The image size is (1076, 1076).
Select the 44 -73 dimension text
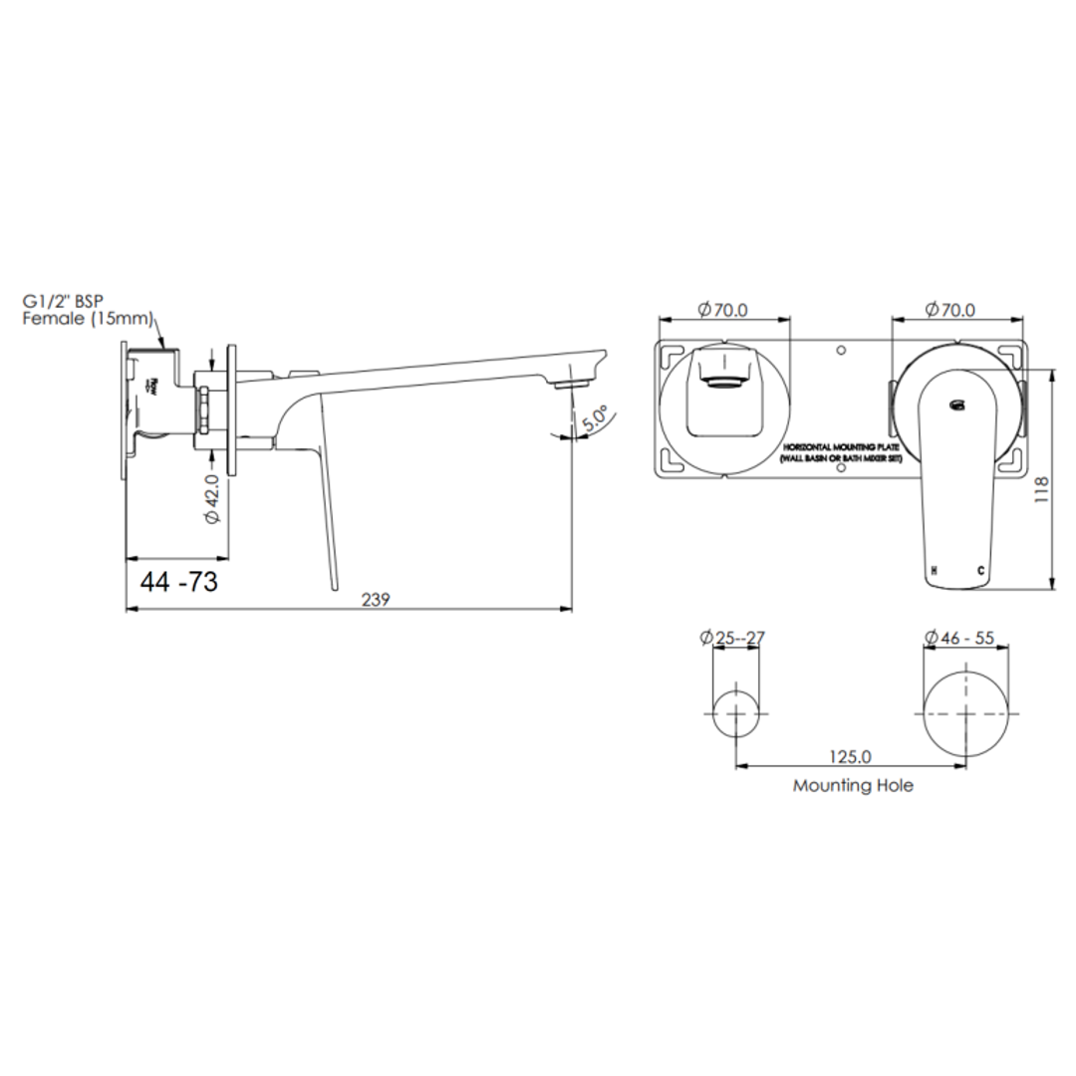[x=179, y=583]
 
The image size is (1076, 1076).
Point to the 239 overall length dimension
[x=375, y=599]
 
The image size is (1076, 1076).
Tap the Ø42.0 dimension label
[x=211, y=501]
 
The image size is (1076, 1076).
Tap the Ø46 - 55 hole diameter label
[x=958, y=638]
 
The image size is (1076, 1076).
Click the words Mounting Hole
[x=853, y=785]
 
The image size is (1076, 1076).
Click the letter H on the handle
[x=934, y=571]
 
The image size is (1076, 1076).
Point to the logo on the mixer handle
[x=957, y=403]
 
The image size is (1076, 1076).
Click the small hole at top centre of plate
[x=841, y=352]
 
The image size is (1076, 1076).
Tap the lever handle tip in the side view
[x=333, y=586]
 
